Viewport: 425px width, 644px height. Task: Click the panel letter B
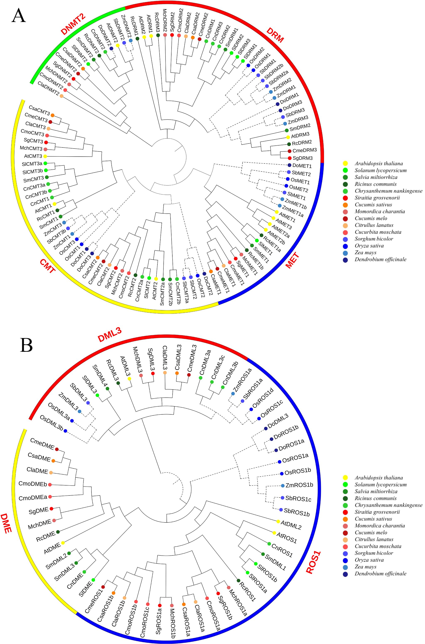point(26,345)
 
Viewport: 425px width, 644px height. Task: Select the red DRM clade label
point(275,35)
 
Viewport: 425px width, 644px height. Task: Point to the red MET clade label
point(292,260)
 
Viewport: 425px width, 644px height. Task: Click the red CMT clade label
point(48,266)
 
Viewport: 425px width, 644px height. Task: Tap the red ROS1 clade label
point(313,560)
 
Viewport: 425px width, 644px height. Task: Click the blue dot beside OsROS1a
point(279,462)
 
